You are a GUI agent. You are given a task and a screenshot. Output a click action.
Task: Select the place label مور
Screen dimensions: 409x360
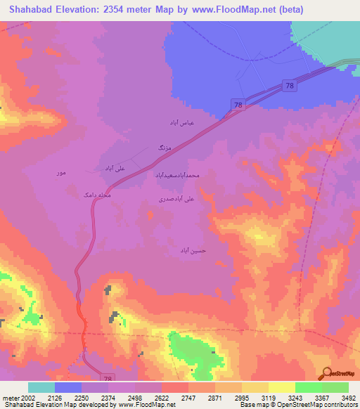point(61,172)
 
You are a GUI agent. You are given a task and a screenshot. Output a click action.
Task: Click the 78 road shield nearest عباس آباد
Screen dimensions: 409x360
point(239,105)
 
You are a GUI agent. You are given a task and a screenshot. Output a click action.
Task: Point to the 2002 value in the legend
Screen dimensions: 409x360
point(29,396)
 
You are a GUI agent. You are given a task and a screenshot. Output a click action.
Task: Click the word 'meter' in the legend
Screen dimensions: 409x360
point(10,396)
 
